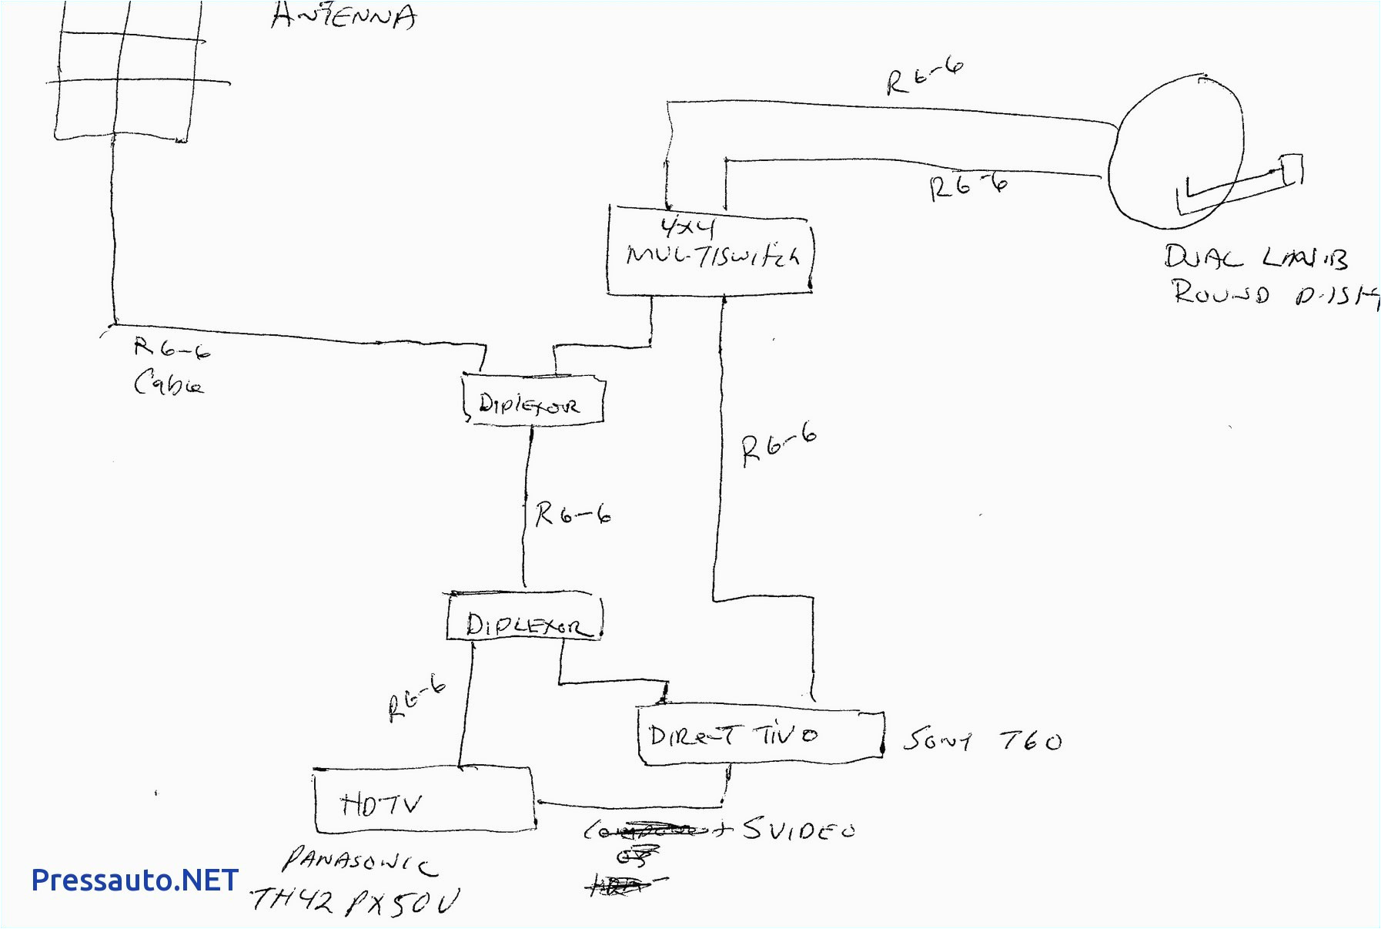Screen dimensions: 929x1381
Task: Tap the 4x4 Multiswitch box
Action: (710, 250)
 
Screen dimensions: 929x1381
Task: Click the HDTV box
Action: (423, 801)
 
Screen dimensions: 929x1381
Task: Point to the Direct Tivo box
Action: (760, 736)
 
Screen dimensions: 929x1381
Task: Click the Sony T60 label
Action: (981, 741)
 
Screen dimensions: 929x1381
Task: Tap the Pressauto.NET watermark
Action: (135, 880)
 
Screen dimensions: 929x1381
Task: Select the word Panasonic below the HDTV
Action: (359, 860)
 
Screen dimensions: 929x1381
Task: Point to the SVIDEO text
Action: (798, 830)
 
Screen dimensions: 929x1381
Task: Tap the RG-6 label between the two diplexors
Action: (573, 514)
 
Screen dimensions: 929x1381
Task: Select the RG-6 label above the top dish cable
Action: (924, 77)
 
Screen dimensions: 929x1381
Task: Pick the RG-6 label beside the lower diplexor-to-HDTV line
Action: (416, 698)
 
